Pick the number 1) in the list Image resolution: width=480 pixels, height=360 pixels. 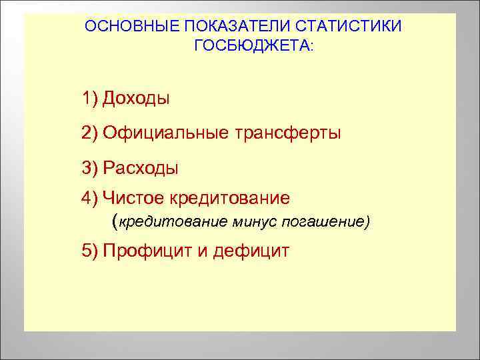pyautogui.click(x=90, y=99)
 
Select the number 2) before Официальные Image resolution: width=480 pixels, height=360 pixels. pyautogui.click(x=90, y=133)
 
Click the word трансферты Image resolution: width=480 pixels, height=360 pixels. pyautogui.click(x=287, y=133)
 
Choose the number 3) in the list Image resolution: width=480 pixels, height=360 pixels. pyautogui.click(x=90, y=167)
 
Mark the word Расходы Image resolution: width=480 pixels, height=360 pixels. pyautogui.click(x=141, y=167)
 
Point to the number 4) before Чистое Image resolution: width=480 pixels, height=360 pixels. pyautogui.click(x=90, y=198)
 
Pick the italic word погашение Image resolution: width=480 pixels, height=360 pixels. pyautogui.click(x=321, y=221)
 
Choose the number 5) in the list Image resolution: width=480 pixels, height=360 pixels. pyautogui.click(x=90, y=251)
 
